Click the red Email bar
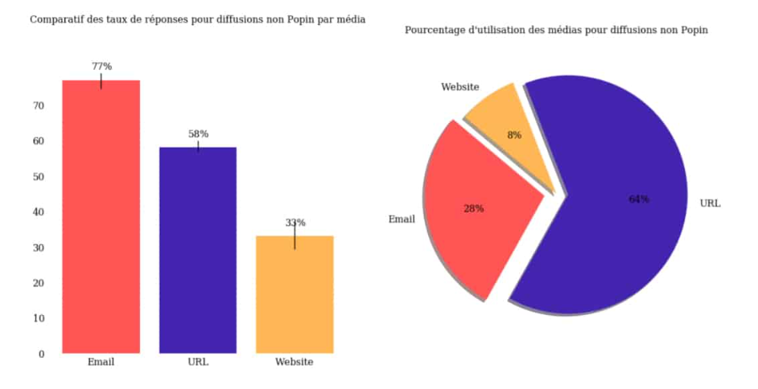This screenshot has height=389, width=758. coord(101,217)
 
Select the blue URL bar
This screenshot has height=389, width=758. coord(198,250)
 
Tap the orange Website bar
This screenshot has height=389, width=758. coord(295,294)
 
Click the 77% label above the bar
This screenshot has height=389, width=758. coord(101,66)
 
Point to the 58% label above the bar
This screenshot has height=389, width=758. coord(198,133)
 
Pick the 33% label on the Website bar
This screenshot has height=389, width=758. coord(295,223)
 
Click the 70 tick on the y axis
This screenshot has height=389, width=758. coord(38,106)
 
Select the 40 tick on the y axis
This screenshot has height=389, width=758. coord(38,212)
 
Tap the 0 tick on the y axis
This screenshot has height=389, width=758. coord(41,354)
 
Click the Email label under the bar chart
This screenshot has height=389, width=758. coord(101,362)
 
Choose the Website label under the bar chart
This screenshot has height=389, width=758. coord(295,362)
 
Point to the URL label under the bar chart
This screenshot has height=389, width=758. coord(198,362)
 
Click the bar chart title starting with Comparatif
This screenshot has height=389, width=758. coord(198,19)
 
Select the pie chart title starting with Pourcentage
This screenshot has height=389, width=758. coord(556,30)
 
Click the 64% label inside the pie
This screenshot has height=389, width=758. coord(639,199)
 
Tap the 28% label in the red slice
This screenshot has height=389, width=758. coord(473,209)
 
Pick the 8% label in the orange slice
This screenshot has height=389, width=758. coord(514,135)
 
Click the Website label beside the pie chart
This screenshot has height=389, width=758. coord(460,87)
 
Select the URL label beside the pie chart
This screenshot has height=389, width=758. coord(710,204)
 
